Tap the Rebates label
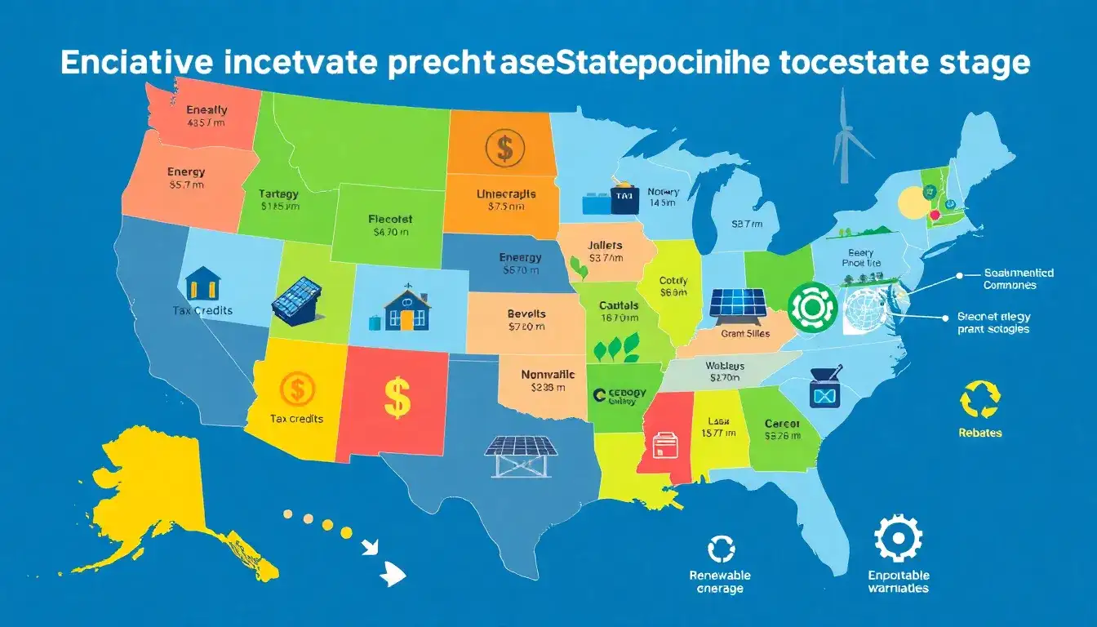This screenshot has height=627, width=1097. click(x=979, y=433)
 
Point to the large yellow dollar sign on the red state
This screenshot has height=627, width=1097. click(x=396, y=396)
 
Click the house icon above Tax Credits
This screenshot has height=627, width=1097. click(x=202, y=283)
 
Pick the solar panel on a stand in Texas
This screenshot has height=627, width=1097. click(x=521, y=456)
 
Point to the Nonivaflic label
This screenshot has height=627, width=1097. click(x=548, y=375)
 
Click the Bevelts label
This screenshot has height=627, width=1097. click(x=526, y=313)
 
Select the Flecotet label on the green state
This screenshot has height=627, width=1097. click(x=390, y=219)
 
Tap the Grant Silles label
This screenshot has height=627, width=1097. click(x=745, y=333)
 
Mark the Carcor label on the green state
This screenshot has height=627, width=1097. click(x=782, y=424)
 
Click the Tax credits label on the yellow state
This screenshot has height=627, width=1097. click(x=295, y=419)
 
